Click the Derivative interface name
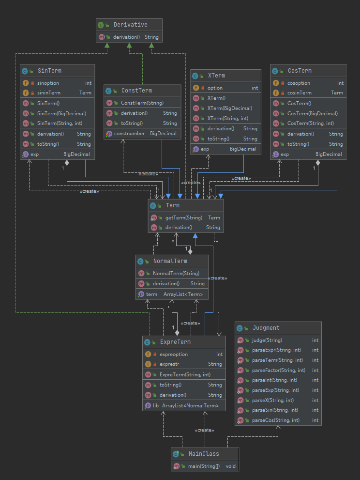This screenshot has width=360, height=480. tap(130, 25)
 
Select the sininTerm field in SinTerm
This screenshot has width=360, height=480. tap(49, 93)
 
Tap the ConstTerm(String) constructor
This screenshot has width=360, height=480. tap(142, 103)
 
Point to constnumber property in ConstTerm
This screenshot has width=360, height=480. tap(129, 134)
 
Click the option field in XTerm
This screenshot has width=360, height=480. tap(215, 88)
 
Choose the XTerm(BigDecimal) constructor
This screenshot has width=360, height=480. tap(230, 108)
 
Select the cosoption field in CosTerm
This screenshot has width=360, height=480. tap(299, 83)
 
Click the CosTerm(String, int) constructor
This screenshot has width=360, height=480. tap(311, 123)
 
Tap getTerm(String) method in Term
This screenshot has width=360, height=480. tap(184, 217)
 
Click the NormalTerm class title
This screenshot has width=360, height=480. tap(170, 261)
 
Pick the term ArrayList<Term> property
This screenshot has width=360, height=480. tap(174, 294)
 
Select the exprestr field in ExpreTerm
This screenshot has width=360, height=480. tap(169, 364)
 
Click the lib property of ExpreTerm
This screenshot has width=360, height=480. tap(156, 405)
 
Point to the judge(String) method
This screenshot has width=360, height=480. tap(267, 340)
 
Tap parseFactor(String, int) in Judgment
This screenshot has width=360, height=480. tap(279, 370)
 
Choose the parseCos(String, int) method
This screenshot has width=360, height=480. tap(276, 420)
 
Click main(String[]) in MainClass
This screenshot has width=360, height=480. tap(204, 466)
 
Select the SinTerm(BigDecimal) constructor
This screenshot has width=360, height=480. tap(61, 113)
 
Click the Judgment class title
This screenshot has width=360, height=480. tap(266, 328)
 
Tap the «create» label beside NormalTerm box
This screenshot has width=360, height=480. tap(217, 278)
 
